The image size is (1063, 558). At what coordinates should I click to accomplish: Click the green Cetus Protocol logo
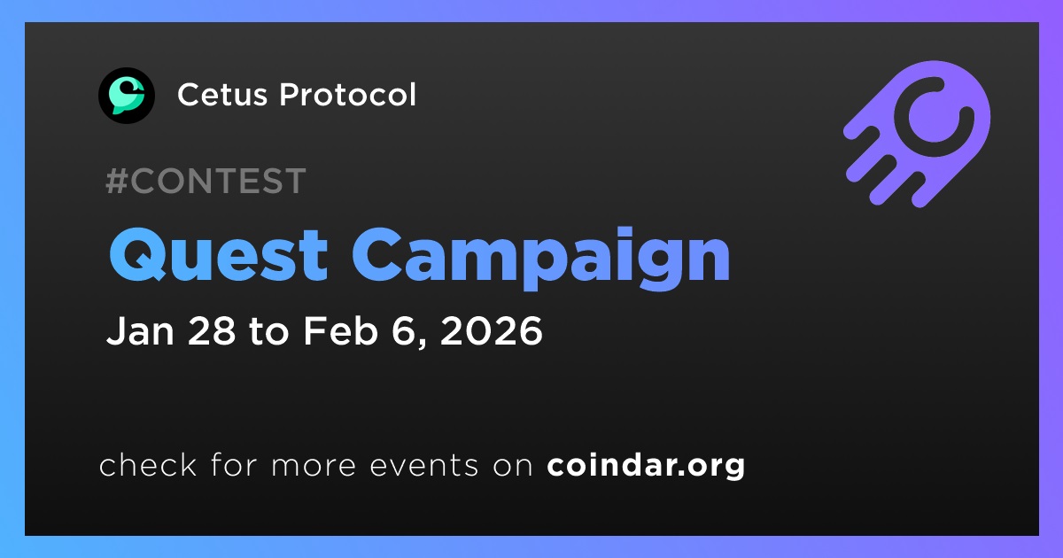click(x=126, y=96)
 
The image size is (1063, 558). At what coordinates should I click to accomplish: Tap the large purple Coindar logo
click(x=918, y=134)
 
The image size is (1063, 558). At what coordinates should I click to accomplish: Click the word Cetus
click(x=222, y=95)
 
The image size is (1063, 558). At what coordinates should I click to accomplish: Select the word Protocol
click(x=347, y=95)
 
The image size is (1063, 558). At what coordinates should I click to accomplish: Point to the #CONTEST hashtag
click(x=206, y=181)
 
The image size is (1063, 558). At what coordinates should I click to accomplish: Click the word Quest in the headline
click(x=218, y=255)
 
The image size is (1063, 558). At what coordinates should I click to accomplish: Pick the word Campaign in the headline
click(x=540, y=259)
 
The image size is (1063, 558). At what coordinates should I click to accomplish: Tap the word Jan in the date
click(x=140, y=330)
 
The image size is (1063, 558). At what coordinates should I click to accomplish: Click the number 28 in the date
click(x=212, y=330)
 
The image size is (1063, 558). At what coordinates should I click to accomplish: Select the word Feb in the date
click(x=340, y=330)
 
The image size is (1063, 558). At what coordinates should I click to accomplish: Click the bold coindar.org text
click(x=646, y=466)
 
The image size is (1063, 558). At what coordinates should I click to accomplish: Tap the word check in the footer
click(x=148, y=464)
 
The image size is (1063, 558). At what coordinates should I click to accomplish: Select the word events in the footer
click(x=424, y=465)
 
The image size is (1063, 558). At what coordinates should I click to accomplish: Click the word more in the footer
click(x=314, y=466)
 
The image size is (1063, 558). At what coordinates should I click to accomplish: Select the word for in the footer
click(x=234, y=464)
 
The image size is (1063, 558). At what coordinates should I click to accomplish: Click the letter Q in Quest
click(x=137, y=254)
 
